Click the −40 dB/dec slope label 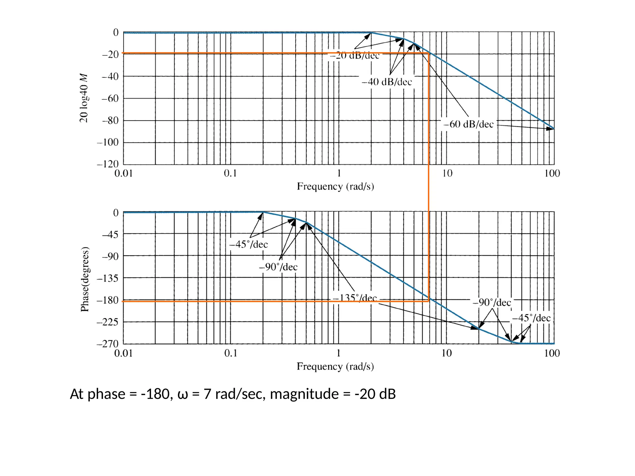pos(387,82)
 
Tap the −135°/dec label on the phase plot pos(355,298)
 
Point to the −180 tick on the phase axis pos(108,300)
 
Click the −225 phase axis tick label pos(108,322)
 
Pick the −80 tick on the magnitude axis pos(110,120)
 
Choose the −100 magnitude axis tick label pos(108,142)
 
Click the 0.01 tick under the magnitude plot pos(123,173)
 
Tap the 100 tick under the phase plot pos(552,353)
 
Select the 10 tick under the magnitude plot pos(447,173)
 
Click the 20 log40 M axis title pos(84,98)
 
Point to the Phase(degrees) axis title pos(85,279)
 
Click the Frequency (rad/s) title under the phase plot pos(335,367)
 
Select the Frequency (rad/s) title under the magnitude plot pos(335,186)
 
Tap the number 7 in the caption pos(207,394)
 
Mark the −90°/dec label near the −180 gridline pos(492,302)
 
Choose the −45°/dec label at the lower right pos(531,318)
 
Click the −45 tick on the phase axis pos(110,234)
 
